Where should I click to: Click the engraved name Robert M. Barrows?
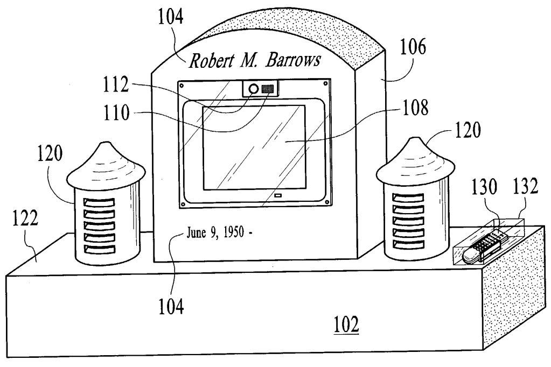click(254, 61)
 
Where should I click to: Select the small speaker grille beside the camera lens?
click(268, 89)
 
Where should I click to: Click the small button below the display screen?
click(277, 195)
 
